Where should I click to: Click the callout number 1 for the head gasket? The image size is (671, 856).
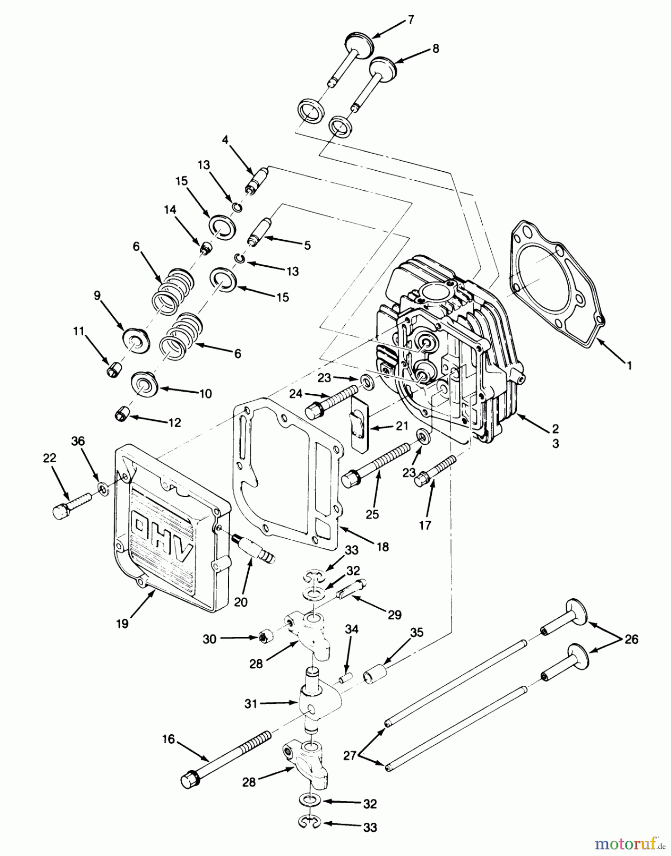point(629,366)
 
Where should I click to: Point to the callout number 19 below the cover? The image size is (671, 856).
point(122,623)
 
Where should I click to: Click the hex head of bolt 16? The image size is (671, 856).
point(189,781)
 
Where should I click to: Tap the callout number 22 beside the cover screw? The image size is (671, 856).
point(49,458)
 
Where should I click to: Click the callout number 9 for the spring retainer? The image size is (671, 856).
point(97,296)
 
